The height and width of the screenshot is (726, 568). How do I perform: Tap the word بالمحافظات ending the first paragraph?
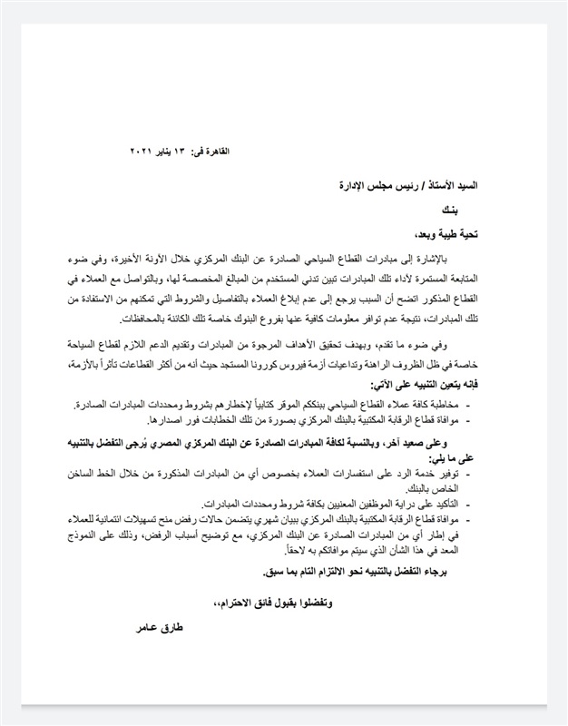click(144, 319)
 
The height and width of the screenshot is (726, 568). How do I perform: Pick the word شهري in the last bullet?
click(289, 518)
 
